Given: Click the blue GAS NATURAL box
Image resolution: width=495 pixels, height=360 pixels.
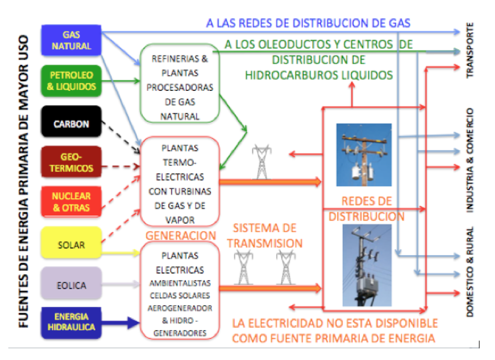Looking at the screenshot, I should click(71, 40).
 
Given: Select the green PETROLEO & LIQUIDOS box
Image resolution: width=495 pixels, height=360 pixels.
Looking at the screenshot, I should click(71, 81).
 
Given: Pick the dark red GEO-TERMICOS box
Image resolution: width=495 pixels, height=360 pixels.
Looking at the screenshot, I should click(71, 162).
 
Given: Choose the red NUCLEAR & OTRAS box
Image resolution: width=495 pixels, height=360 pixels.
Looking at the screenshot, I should click(71, 202).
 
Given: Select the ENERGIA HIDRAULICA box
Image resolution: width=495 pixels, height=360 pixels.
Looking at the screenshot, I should click(71, 322).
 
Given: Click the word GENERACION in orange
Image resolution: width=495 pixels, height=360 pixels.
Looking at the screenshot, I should click(181, 235).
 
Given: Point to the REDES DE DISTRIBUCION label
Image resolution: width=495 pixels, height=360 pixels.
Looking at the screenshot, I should click(367, 208).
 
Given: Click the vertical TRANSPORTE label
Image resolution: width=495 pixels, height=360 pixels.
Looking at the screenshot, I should click(470, 49).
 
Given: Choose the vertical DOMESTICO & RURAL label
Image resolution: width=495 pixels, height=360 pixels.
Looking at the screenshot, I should click(470, 271).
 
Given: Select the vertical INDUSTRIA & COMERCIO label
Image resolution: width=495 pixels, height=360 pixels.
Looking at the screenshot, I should click(470, 160).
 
